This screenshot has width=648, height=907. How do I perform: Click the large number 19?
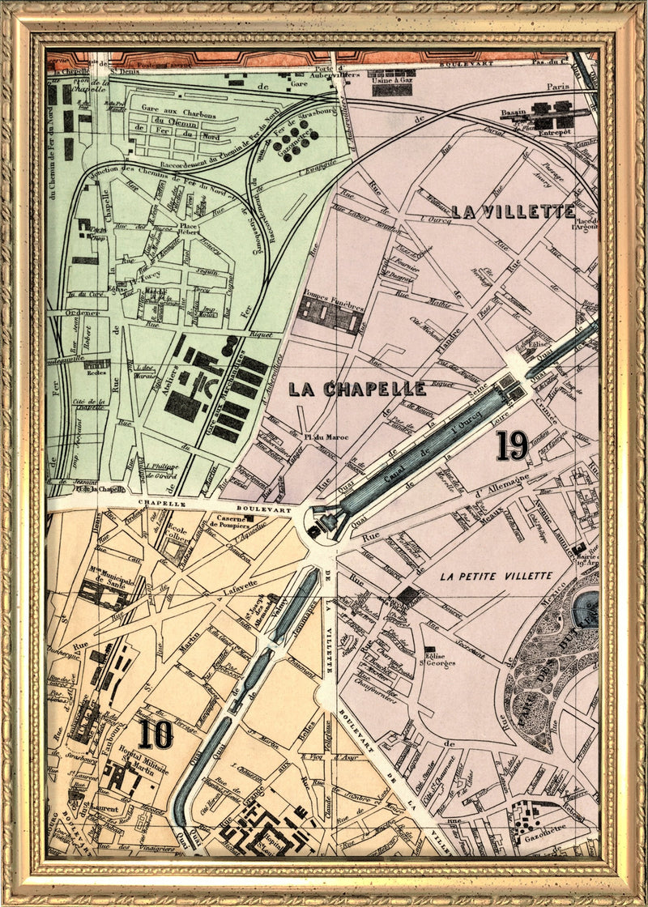pyautogui.click(x=512, y=445)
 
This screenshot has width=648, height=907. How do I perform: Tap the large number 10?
pyautogui.click(x=155, y=734)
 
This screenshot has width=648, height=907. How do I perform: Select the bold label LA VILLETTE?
pyautogui.click(x=513, y=212)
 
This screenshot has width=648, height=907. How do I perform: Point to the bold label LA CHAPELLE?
pyautogui.click(x=357, y=390)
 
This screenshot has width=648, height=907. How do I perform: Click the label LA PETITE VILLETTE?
pyautogui.click(x=497, y=576)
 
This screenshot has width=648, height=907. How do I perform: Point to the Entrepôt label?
pyautogui.click(x=551, y=130)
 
